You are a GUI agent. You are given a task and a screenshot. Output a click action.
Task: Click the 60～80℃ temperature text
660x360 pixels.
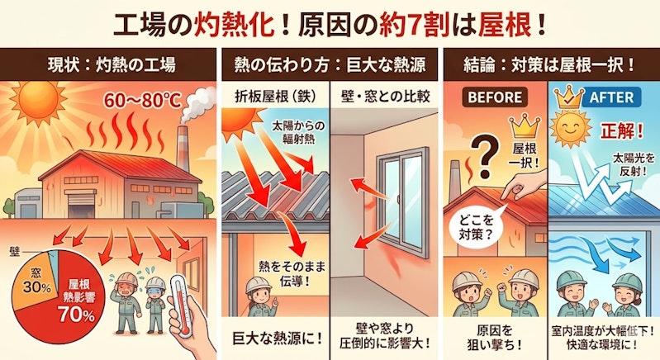(x=142, y=101)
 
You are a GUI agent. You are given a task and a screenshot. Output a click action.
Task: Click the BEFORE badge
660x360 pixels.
(x=495, y=97)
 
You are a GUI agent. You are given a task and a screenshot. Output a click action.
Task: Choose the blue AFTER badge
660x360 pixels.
(x=611, y=97)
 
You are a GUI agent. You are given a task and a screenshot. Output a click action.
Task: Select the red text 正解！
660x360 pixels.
(x=622, y=130)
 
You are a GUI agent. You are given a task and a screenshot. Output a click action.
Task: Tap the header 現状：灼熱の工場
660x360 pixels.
(x=112, y=65)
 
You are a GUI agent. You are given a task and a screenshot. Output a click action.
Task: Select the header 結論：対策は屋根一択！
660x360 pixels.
(x=548, y=65)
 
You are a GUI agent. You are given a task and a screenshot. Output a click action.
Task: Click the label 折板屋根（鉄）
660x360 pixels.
(x=275, y=97)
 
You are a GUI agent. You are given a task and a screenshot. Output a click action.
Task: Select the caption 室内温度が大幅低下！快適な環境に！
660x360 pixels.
(x=603, y=338)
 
